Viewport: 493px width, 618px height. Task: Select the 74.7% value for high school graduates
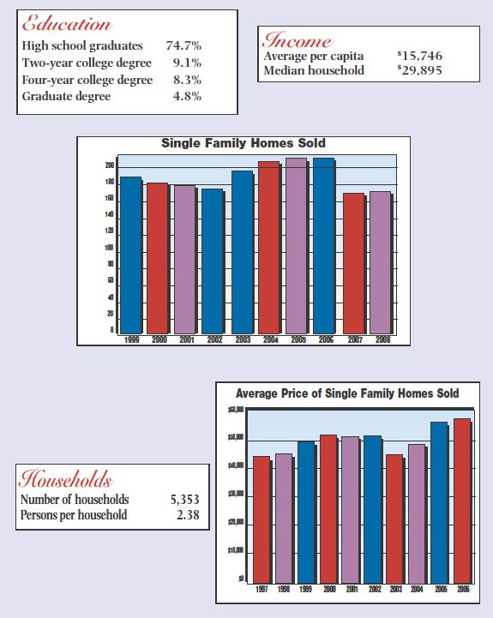coord(183,45)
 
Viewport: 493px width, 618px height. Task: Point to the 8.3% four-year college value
coord(187,80)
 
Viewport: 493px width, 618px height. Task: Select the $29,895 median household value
coord(418,70)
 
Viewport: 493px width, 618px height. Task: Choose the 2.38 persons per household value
coord(187,514)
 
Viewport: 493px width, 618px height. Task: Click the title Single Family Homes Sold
coord(243,143)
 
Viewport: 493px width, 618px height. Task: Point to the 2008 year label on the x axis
coord(382,340)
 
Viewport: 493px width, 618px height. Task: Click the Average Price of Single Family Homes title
coord(346,393)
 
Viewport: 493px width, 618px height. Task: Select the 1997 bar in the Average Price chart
coord(260,519)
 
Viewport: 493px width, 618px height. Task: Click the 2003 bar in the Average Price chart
coord(394,518)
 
